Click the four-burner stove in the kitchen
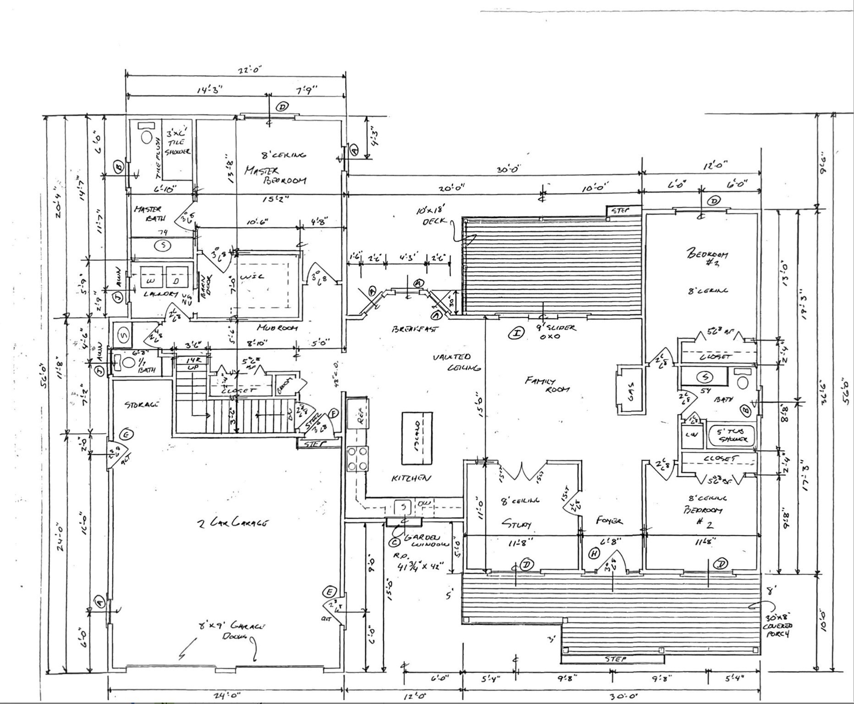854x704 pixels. click(358, 458)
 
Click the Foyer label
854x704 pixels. click(609, 521)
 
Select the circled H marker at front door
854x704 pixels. click(594, 554)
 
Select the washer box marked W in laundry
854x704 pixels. click(151, 279)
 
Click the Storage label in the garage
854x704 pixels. click(141, 404)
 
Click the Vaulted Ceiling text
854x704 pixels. click(457, 362)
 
